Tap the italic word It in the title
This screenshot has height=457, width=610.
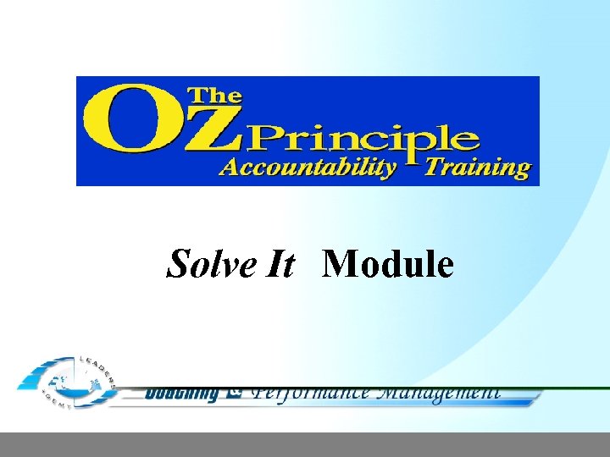[x=278, y=264]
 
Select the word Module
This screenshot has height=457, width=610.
[x=389, y=264]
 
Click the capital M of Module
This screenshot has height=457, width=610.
[x=340, y=264]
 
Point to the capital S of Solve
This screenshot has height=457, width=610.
[x=178, y=265]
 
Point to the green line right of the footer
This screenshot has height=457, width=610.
[x=576, y=388]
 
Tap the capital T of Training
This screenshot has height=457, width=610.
[x=433, y=166]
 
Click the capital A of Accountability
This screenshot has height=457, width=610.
[x=229, y=167]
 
